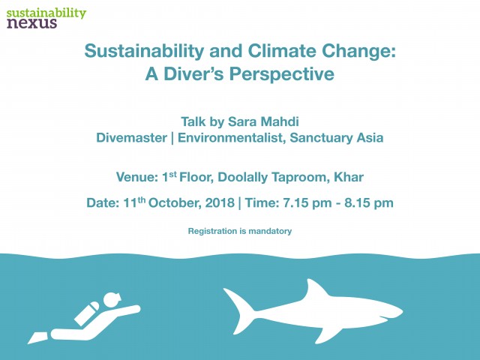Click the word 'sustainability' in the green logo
coord(46,13)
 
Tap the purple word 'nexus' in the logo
coord(31,23)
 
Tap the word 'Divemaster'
coord(132,138)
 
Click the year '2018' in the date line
coord(220,202)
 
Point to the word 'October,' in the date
coord(175,203)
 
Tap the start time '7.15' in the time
coord(293,202)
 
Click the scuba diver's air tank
coord(87,313)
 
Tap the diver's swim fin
coord(38,337)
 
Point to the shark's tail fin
coord(239,310)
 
